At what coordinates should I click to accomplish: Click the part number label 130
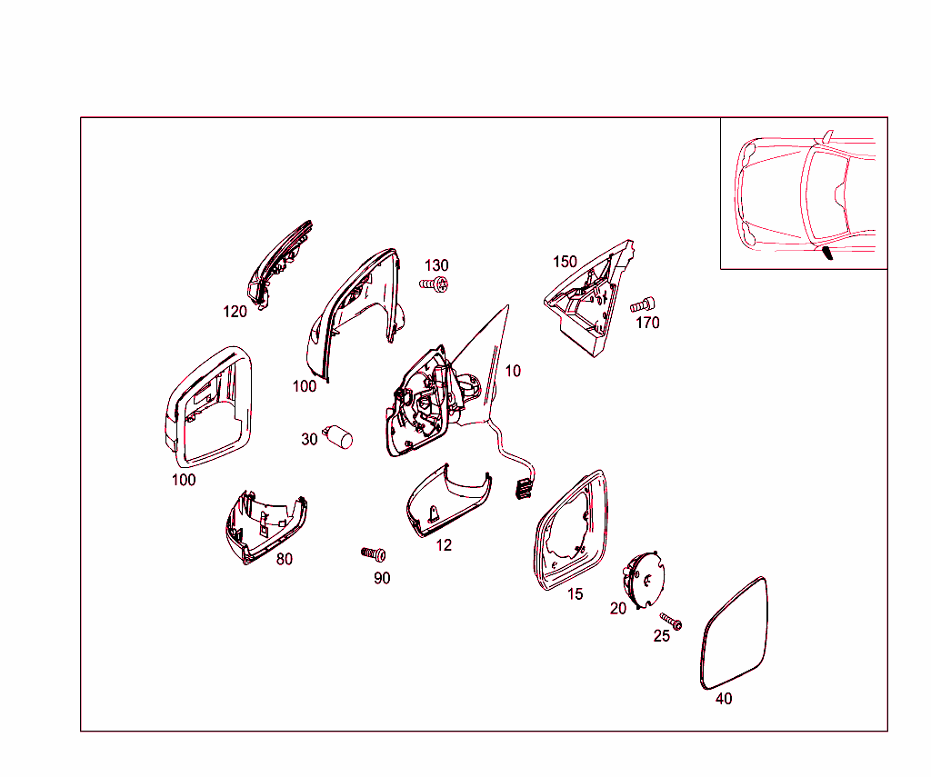(436, 265)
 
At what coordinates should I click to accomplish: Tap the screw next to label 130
(434, 284)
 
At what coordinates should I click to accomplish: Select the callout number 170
(647, 323)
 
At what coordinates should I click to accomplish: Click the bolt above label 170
(643, 304)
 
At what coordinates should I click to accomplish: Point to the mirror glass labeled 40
(734, 634)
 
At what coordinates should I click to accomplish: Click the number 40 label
(724, 699)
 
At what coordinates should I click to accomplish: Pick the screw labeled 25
(672, 622)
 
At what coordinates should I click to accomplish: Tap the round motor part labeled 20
(644, 579)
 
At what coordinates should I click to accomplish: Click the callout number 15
(575, 594)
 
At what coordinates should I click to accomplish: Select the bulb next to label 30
(338, 436)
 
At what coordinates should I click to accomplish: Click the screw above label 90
(374, 553)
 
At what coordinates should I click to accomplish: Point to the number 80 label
(285, 559)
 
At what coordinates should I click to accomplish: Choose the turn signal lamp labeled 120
(279, 264)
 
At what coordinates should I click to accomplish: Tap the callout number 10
(513, 371)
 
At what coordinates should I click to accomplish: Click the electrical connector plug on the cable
(524, 489)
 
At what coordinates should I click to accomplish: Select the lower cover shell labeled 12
(448, 500)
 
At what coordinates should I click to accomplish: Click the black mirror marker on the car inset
(826, 253)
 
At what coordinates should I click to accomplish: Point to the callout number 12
(444, 545)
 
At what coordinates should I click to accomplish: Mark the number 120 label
(235, 312)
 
